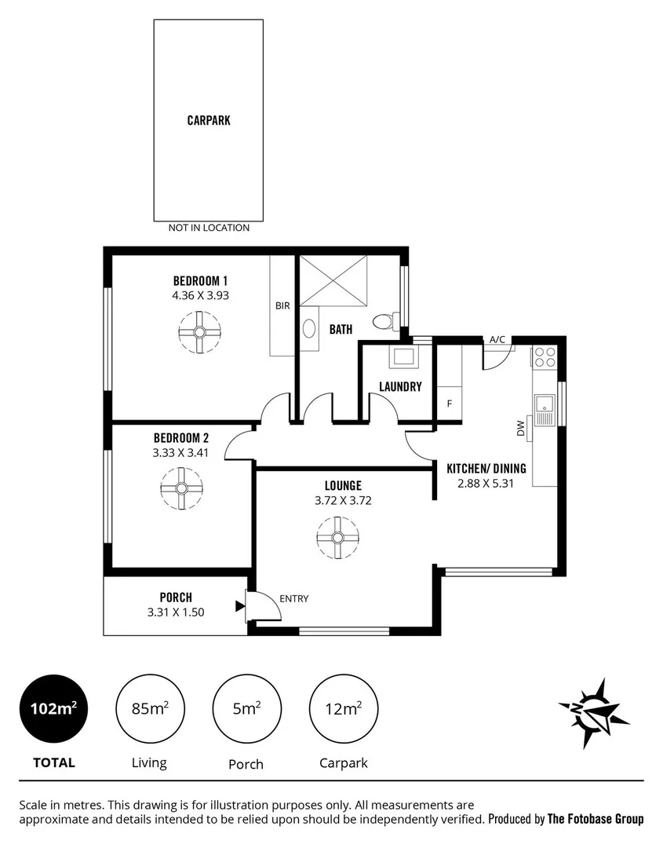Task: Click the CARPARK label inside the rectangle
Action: point(209,121)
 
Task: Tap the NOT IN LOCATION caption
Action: point(209,228)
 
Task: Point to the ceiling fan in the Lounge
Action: point(338,538)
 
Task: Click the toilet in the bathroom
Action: point(384,321)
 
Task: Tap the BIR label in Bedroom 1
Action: point(282,306)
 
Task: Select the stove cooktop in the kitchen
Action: point(545,357)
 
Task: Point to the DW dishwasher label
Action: point(520,428)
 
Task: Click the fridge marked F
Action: point(449,404)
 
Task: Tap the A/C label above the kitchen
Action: point(497,339)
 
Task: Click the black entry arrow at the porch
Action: point(239,605)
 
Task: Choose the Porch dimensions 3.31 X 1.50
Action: point(176,612)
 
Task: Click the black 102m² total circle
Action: point(54,708)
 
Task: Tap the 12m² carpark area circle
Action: point(343,708)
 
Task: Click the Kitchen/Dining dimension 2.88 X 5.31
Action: point(486,484)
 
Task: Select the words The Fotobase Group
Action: point(595,819)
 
